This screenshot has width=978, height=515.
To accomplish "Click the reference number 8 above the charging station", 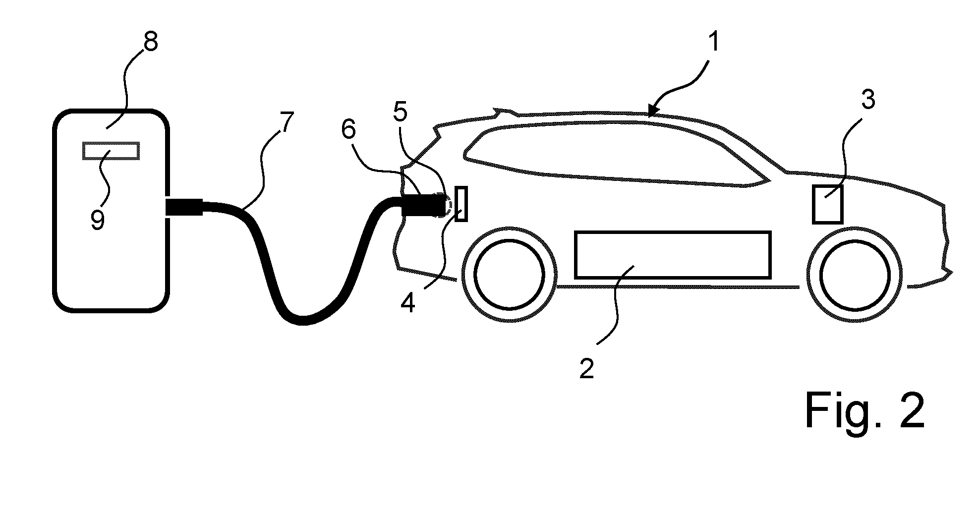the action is point(150,43).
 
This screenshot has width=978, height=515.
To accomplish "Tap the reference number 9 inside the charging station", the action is point(98,220).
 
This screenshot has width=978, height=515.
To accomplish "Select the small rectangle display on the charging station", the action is point(111,151).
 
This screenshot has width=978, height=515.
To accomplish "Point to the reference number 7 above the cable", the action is point(287,121).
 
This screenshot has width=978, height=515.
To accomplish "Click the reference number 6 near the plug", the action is point(348,130).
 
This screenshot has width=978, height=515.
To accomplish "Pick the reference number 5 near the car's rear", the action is point(400,113).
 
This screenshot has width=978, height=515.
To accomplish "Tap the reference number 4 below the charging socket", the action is point(407,303).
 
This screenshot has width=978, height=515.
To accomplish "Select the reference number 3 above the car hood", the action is point(867,100).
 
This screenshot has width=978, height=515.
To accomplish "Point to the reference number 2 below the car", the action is point(586,369).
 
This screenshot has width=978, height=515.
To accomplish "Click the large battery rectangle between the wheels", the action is point(673,255).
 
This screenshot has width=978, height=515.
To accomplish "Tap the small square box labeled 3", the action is point(827,204).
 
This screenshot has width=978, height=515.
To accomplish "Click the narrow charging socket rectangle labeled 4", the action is point(460,204).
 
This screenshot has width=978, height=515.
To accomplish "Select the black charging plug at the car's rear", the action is point(423,207).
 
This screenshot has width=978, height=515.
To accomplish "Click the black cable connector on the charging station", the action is point(184,207).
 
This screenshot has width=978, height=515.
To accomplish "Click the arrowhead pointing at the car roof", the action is point(653,111).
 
